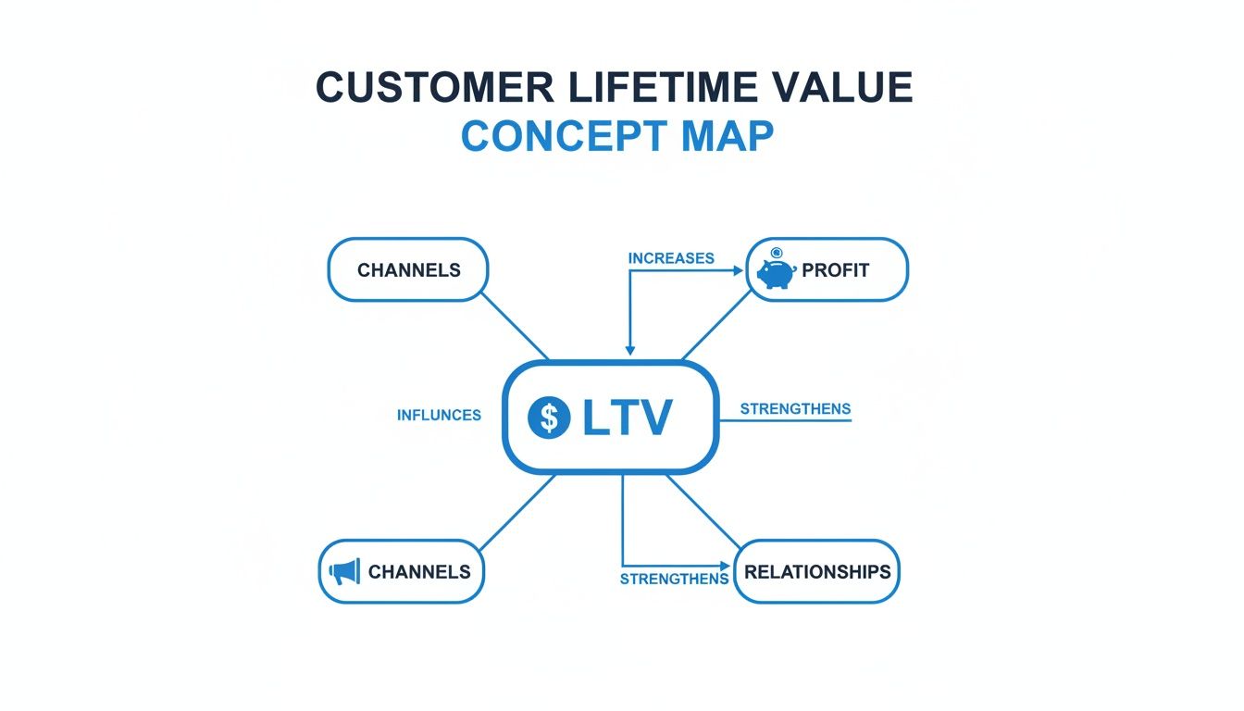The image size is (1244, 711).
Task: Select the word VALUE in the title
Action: pos(847,88)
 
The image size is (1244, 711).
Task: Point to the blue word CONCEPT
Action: pos(564,136)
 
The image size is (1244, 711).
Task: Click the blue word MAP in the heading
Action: pos(727,136)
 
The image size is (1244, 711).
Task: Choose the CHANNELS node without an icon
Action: pos(408,270)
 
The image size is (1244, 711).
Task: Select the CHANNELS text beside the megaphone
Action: pos(419,572)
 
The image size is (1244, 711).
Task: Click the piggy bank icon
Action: pos(776,271)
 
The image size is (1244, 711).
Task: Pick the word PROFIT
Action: pos(836,271)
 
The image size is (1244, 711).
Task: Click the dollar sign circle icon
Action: pos(549,418)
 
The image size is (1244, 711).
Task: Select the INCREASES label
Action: pos(671,258)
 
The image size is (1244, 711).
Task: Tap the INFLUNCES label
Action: pos(439,416)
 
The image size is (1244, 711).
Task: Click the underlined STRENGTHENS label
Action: pos(795,409)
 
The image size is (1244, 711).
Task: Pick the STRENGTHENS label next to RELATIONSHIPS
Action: pos(674,580)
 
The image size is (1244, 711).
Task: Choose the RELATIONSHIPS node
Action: pos(816,572)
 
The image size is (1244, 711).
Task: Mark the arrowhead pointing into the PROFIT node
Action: pos(738,271)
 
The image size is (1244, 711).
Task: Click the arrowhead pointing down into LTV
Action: pos(630,350)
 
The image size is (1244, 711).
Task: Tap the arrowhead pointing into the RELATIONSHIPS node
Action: pos(725,565)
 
